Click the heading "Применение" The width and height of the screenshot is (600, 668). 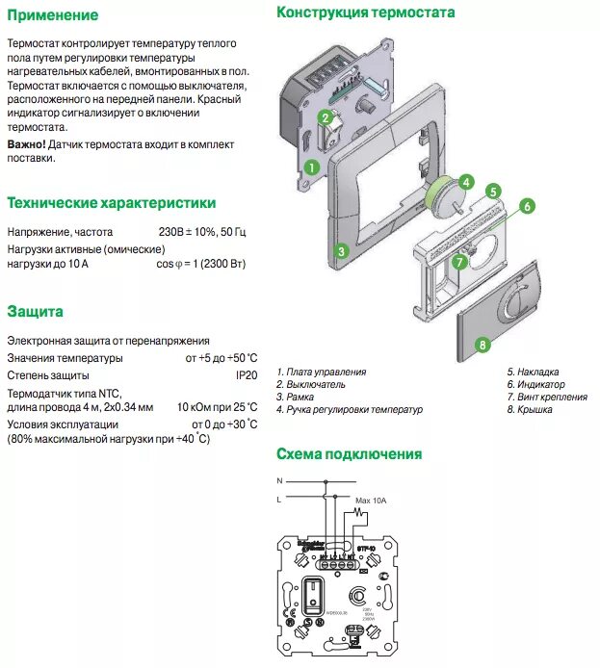click(52, 15)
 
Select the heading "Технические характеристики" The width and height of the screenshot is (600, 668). click(111, 203)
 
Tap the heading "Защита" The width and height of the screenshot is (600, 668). click(35, 312)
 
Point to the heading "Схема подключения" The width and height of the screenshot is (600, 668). click(349, 454)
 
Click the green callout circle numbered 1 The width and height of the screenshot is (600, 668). click(311, 167)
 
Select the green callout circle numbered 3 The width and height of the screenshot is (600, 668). click(340, 253)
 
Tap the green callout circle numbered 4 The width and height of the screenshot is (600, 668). click(465, 182)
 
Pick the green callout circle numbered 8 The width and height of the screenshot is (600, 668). click(483, 343)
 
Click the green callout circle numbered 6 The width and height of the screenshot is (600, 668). click(527, 206)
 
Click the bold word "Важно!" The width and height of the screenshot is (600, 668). click(26, 144)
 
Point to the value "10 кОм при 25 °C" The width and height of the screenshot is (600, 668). click(204, 407)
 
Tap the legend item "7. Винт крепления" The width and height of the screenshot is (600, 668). click(547, 397)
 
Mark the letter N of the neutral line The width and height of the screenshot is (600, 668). click(279, 479)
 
